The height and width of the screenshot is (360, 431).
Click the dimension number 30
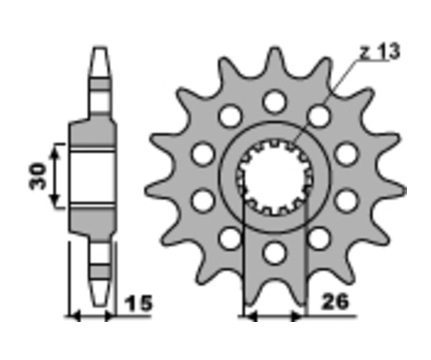(x=37, y=176)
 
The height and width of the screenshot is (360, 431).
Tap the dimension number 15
(x=138, y=303)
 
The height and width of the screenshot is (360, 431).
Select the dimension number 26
(x=335, y=301)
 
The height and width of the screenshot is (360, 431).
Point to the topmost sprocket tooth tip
(x=274, y=49)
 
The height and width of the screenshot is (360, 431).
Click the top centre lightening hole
(x=275, y=101)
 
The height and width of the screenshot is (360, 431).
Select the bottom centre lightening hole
(x=275, y=253)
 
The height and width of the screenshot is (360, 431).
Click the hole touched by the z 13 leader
(x=318, y=116)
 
